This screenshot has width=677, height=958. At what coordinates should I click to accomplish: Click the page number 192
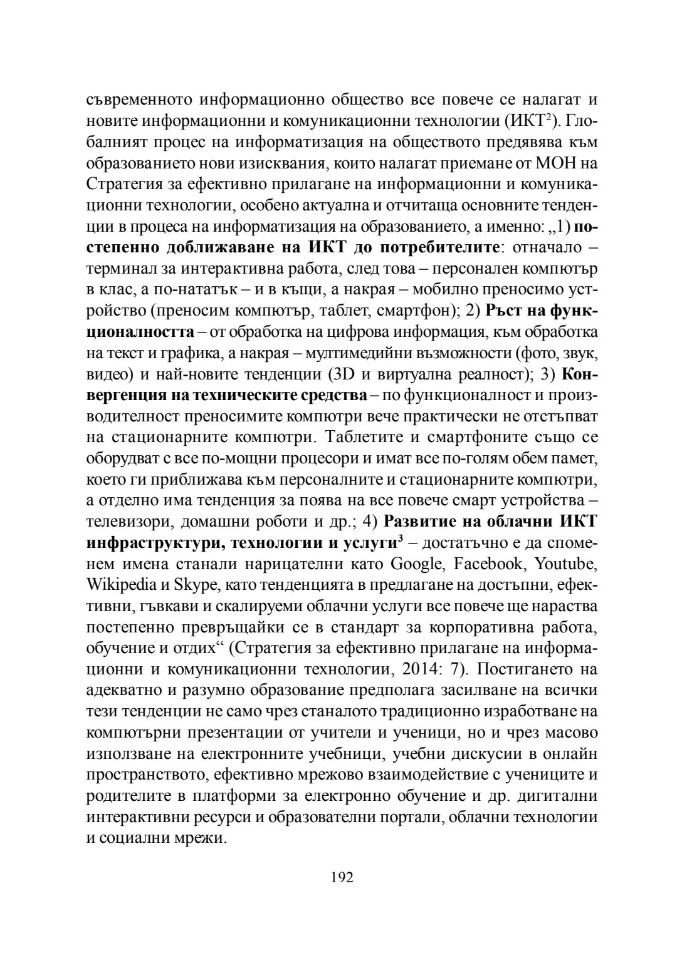pos(342,877)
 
